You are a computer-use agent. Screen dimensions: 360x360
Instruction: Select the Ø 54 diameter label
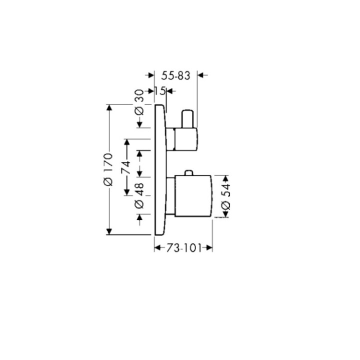tap(225, 197)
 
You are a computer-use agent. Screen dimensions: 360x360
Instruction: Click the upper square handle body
tap(186, 139)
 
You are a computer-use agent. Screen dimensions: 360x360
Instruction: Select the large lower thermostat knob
tap(193, 196)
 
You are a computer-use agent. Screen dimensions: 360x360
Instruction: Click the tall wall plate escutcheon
tap(159, 170)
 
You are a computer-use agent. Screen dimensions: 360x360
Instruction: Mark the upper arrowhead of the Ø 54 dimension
tap(225, 178)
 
